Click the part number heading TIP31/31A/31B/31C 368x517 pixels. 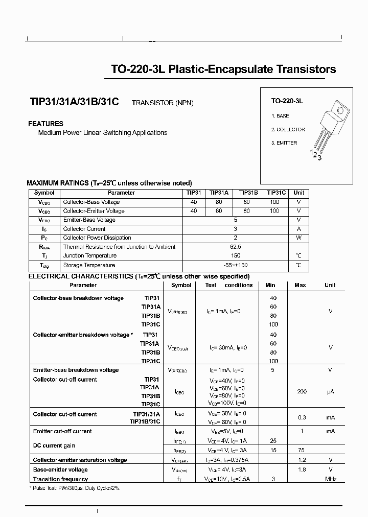pos(75,102)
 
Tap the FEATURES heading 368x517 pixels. pos(45,124)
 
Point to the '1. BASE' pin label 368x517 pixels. pos(280,116)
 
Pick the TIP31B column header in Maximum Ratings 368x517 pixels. pos(248,193)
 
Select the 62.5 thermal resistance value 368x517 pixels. pos(236,247)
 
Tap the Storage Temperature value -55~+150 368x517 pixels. pos(236,265)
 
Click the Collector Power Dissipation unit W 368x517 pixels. pos(298,238)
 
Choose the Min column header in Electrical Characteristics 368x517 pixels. pos(271,285)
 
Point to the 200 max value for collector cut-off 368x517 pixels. pos(302,391)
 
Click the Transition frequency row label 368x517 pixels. pos(60,479)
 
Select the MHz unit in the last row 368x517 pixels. pos(330,479)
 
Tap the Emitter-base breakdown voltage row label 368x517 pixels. pos(76,370)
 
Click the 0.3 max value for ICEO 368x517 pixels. pos(302,417)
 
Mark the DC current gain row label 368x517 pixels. pos(54,445)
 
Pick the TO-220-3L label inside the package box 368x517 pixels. pos(287,102)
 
